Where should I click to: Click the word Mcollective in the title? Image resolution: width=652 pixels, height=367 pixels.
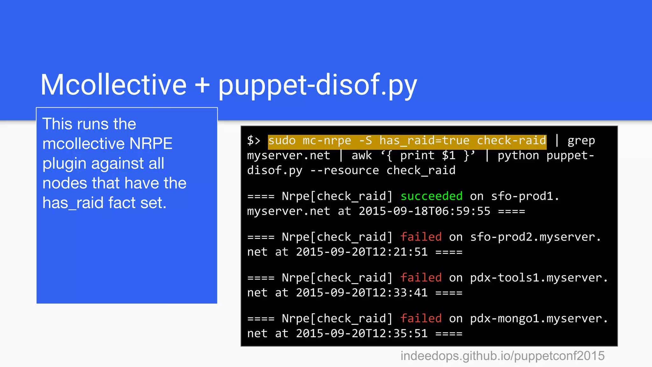[113, 85]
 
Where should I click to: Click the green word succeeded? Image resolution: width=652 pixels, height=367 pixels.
[431, 196]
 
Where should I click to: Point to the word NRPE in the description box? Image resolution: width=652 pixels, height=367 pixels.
[151, 144]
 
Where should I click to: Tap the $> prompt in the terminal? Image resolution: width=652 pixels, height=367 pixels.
[254, 140]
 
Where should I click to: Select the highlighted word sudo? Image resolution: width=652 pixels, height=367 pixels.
[282, 140]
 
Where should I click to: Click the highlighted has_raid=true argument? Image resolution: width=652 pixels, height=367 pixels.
[424, 140]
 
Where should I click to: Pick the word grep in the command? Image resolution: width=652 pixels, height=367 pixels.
[581, 140]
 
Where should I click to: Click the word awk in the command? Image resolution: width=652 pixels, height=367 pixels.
[362, 155]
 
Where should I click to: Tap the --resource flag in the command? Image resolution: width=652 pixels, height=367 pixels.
[344, 170]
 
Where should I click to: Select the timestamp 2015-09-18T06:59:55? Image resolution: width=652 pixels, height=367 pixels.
[424, 211]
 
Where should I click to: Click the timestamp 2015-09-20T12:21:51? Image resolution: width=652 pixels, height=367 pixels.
[362, 252]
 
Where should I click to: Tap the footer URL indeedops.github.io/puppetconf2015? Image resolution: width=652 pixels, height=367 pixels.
[502, 356]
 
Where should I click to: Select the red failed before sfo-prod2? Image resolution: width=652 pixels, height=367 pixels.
[421, 237]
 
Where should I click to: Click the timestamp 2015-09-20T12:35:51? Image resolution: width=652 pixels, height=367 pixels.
[362, 334]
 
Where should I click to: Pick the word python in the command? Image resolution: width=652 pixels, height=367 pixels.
[518, 155]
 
